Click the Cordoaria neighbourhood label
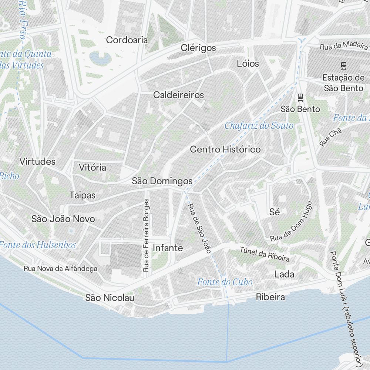click(127, 40)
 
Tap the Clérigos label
click(198, 48)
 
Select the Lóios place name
click(248, 63)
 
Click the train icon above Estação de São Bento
click(344, 65)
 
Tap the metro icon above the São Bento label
click(300, 97)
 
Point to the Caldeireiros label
click(179, 95)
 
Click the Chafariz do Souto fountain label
click(259, 126)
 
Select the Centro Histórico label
click(225, 149)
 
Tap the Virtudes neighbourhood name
click(37, 162)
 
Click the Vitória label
click(92, 168)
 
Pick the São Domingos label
click(162, 181)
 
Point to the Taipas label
click(83, 195)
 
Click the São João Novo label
click(63, 219)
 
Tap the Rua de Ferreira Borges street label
click(147, 235)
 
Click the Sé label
click(275, 212)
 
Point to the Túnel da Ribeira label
click(265, 254)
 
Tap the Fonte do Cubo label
click(225, 282)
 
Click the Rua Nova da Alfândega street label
click(60, 269)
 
